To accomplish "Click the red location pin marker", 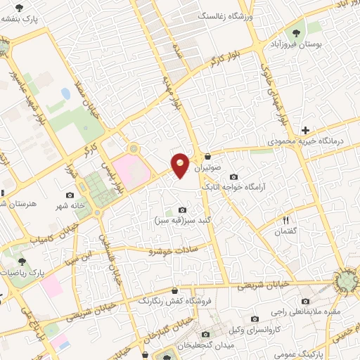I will [x=181, y=165].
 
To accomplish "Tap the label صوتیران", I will [x=208, y=169].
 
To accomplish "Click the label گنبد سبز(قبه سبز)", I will [x=183, y=221].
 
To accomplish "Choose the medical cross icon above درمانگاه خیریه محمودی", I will [x=304, y=130].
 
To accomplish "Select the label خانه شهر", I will [x=69, y=207].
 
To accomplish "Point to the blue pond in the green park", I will [x=65, y=93].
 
